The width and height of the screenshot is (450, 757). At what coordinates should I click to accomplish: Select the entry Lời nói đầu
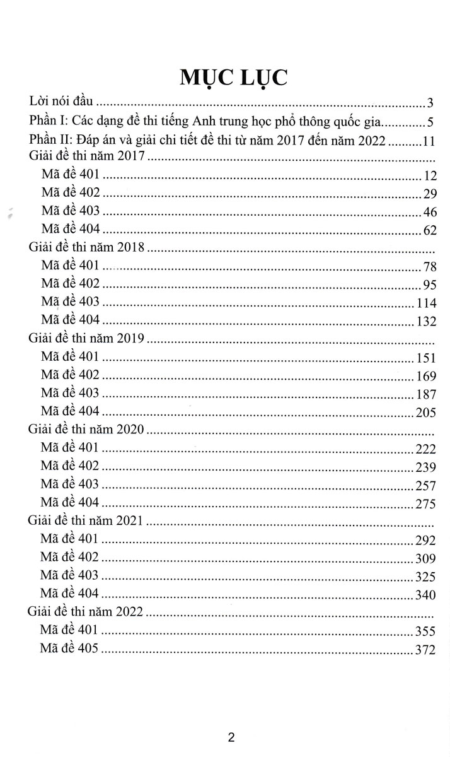click(x=62, y=101)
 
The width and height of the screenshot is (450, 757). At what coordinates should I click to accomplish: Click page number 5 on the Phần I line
click(x=430, y=122)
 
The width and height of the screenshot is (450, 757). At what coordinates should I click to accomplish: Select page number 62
click(x=430, y=231)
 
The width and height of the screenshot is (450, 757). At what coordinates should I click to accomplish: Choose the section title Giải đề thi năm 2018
click(x=88, y=248)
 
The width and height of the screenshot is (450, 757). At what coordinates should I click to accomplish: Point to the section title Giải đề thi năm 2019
click(x=88, y=339)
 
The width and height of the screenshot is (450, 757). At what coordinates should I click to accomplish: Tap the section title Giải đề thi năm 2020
click(x=88, y=430)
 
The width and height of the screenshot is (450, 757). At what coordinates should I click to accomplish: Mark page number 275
click(x=426, y=504)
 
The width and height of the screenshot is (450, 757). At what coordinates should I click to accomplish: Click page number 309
click(x=426, y=558)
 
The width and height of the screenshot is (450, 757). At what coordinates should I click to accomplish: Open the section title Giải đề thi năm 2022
click(x=88, y=612)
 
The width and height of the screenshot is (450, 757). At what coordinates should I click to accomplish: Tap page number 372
click(x=426, y=650)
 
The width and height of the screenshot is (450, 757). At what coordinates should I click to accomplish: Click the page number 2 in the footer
click(x=231, y=737)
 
